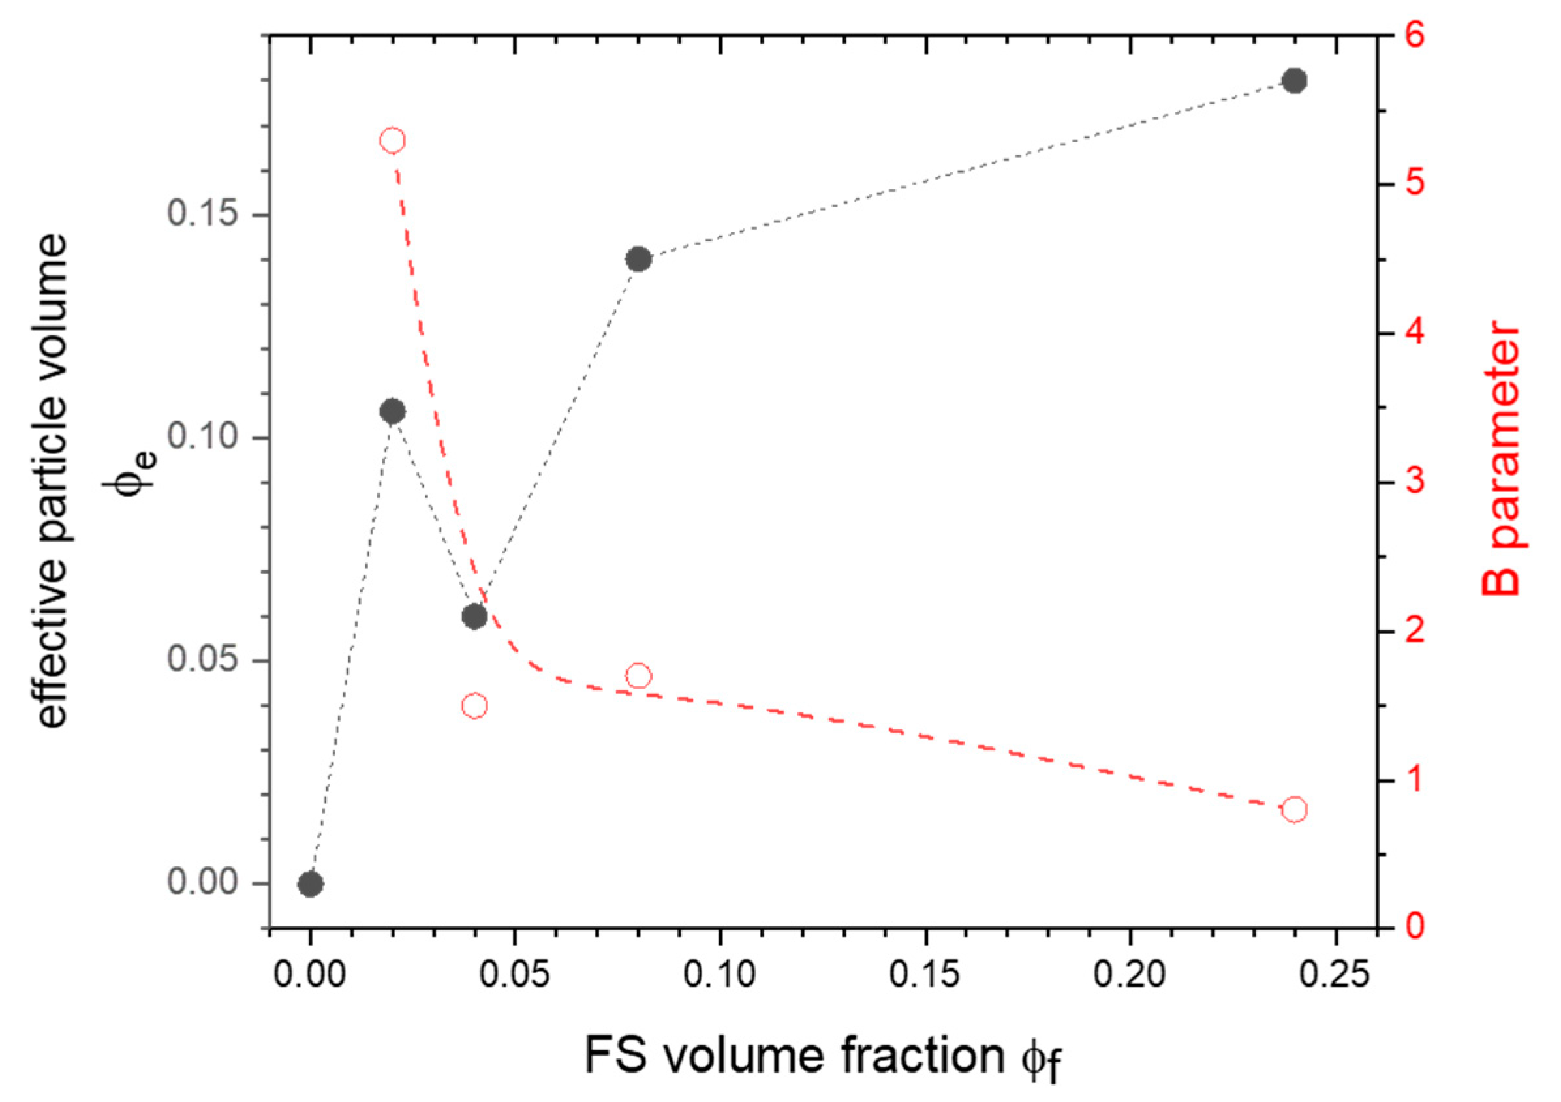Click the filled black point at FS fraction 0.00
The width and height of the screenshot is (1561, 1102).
pyautogui.click(x=311, y=884)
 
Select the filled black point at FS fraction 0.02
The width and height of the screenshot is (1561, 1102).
pyautogui.click(x=392, y=411)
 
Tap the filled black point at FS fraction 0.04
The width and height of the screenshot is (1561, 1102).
pyautogui.click(x=474, y=617)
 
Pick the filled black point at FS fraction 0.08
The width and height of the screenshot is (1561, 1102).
pyautogui.click(x=638, y=259)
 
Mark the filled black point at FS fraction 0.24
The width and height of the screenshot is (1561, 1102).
pyautogui.click(x=1295, y=81)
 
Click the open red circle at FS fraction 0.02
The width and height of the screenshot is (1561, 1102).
pyautogui.click(x=392, y=141)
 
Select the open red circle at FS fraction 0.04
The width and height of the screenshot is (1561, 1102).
pyautogui.click(x=474, y=706)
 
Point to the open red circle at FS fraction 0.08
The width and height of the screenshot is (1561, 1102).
pyautogui.click(x=638, y=676)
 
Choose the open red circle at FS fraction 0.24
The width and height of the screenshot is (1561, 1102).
pyautogui.click(x=1295, y=810)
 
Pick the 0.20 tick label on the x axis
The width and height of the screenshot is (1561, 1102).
pyautogui.click(x=1130, y=974)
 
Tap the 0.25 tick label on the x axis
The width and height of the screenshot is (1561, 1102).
pyautogui.click(x=1335, y=974)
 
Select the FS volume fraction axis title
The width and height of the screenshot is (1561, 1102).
pyautogui.click(x=823, y=1058)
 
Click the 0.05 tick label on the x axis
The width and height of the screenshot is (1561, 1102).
pyautogui.click(x=514, y=974)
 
